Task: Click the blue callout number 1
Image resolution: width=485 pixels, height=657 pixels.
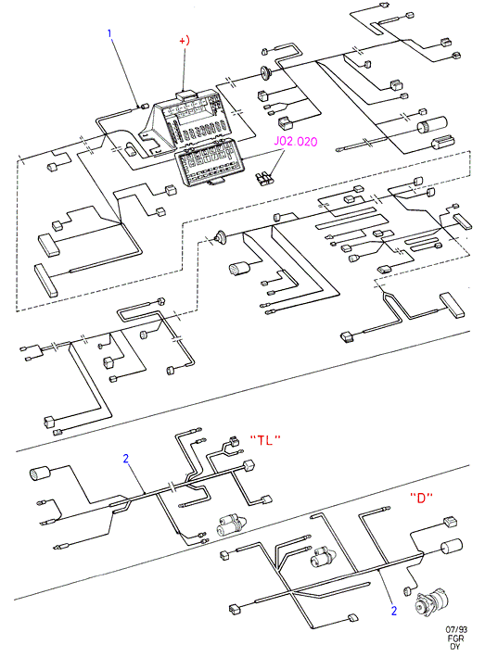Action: pos(109,33)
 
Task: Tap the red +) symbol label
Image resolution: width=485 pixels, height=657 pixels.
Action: pos(185,41)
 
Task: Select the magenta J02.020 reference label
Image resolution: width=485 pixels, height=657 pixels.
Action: pos(296,142)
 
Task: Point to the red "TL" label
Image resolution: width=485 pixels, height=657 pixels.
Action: pos(265,439)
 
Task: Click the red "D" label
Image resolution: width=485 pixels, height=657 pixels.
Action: pos(421,498)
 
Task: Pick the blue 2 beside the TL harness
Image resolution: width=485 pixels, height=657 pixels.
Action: pos(126,459)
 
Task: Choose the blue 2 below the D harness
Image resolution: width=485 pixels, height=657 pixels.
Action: pos(393,611)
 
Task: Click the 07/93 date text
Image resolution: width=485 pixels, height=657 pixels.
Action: pos(456,629)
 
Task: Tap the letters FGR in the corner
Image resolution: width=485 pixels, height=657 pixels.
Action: pos(455,638)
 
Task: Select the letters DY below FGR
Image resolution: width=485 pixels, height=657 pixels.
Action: pos(455,647)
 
